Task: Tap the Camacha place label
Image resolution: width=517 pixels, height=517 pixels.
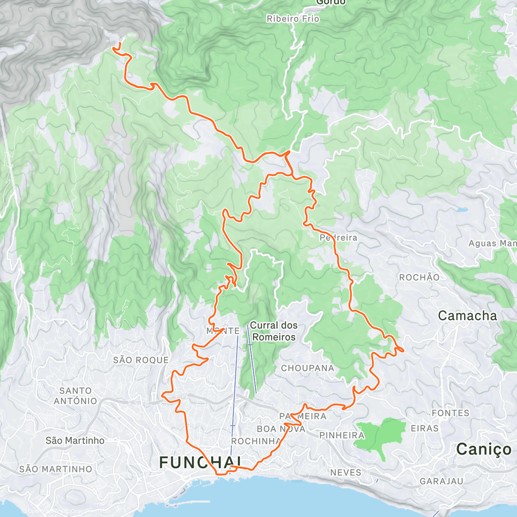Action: click(x=467, y=316)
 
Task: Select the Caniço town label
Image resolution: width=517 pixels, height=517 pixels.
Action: click(x=483, y=449)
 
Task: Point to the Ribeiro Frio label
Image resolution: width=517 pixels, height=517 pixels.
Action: click(x=293, y=19)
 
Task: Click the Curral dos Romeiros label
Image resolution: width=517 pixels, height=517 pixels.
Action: click(x=274, y=331)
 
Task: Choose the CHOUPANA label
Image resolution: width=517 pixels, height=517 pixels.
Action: click(x=307, y=368)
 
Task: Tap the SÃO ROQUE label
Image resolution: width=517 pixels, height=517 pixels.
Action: click(x=141, y=360)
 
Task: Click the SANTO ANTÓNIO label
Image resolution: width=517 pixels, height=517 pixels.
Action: click(x=75, y=396)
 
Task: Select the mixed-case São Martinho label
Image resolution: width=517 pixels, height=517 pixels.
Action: click(x=75, y=440)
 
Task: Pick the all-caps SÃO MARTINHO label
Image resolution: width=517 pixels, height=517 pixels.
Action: click(x=56, y=469)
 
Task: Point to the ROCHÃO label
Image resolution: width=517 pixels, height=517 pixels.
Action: click(x=419, y=277)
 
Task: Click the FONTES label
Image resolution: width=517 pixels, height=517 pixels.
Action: click(x=450, y=413)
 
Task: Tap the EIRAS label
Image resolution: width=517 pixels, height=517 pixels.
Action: click(x=424, y=428)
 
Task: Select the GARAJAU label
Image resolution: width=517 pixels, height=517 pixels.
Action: click(x=441, y=481)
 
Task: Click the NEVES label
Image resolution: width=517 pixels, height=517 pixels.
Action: click(x=346, y=473)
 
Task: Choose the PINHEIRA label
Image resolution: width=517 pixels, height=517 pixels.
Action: click(x=342, y=435)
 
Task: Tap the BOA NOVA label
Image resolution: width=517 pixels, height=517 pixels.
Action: click(x=281, y=429)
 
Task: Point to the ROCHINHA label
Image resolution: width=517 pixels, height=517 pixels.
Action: click(x=256, y=441)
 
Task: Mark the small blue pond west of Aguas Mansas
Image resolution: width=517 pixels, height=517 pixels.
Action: click(x=462, y=211)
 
